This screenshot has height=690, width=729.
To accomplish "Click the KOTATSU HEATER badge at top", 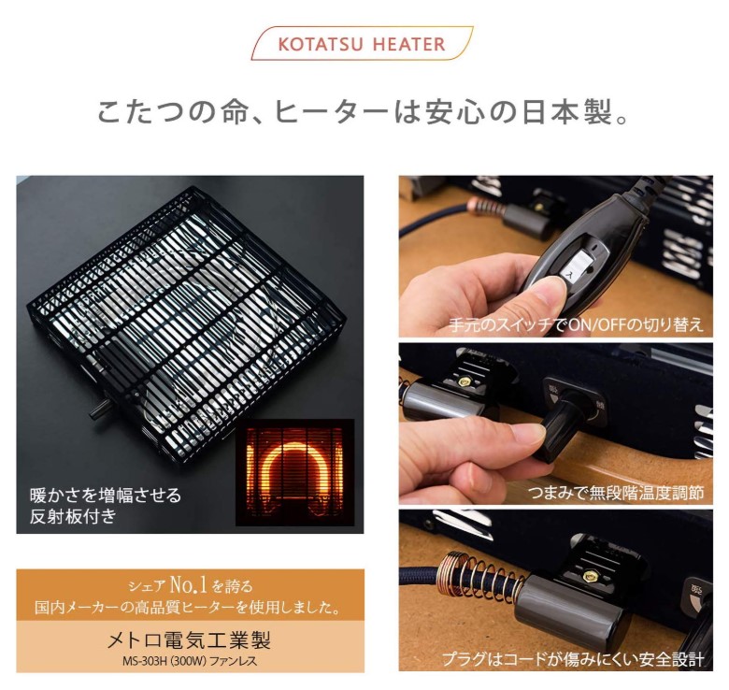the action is pos(362,44).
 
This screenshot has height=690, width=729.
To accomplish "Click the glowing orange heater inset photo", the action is pos(294,472).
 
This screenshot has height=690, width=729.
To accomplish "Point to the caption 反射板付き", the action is pos(73,516).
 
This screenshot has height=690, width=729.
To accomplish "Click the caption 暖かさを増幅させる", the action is pos(106,496).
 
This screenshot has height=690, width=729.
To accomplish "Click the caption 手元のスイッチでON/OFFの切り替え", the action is pos(576,324).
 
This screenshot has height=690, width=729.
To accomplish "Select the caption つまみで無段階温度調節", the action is pos(616,492).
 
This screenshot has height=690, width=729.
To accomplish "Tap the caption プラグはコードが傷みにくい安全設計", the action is pos(573,658).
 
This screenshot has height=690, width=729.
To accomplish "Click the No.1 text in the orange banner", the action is pos(188,584).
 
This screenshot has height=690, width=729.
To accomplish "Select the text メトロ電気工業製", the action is pos(189,641).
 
